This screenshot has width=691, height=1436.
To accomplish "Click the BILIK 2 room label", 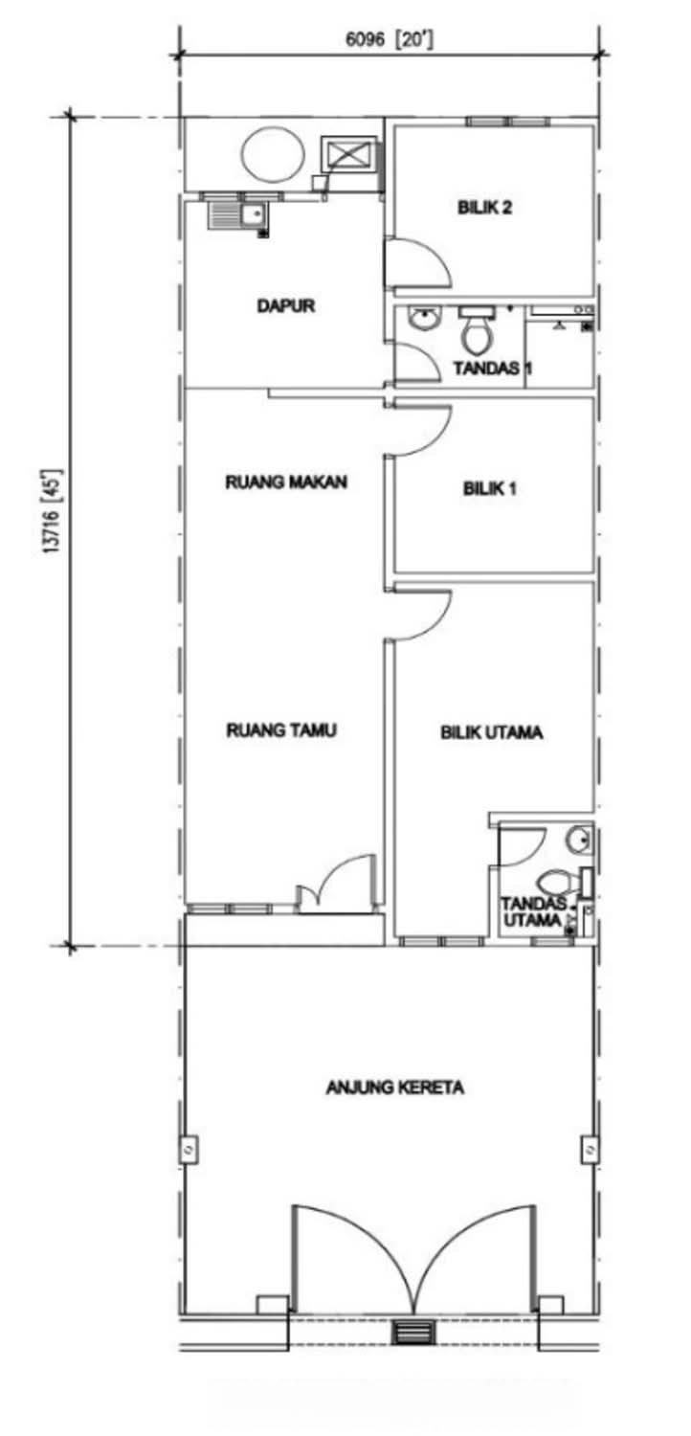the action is point(484,208).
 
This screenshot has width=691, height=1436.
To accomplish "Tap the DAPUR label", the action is point(286,305).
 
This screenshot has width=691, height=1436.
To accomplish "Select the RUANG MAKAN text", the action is point(286,482).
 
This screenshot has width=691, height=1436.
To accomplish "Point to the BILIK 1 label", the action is point(490,489).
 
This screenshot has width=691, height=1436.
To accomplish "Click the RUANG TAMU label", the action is point(281,730).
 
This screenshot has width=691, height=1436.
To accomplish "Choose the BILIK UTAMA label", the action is point(492,732).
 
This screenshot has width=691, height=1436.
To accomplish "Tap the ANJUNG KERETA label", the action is point(395,1088).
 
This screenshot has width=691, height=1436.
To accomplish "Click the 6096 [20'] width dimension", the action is point(390,40).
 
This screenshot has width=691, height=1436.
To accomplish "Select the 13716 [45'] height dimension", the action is point(55,511).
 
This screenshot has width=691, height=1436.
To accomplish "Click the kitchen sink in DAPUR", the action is point(235,216).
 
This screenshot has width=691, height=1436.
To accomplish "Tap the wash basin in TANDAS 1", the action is point(425,319).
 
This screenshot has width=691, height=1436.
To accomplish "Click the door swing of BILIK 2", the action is point(417,262).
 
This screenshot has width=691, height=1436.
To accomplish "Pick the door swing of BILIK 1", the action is point(420,428).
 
